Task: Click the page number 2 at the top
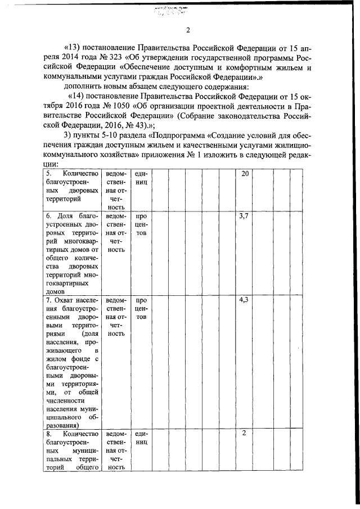coord(188,30)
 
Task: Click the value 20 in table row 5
coord(244,174)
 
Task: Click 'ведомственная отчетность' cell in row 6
coord(115,233)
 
